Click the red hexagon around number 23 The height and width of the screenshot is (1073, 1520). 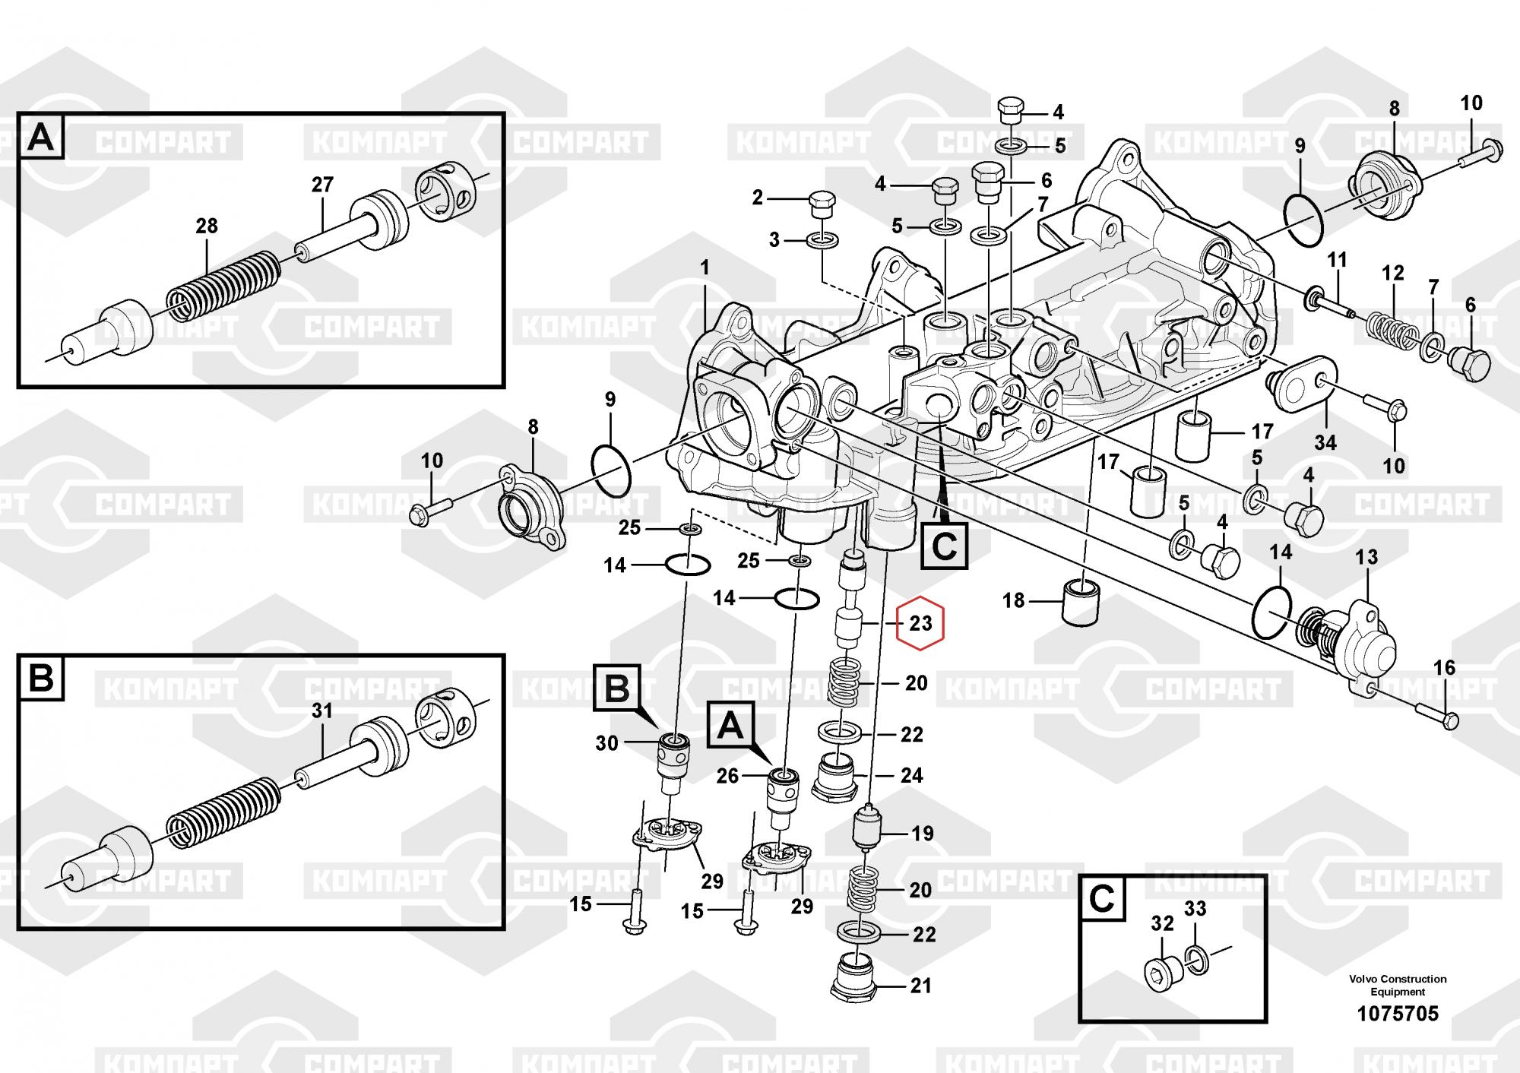click(x=920, y=624)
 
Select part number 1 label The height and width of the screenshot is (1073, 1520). click(x=705, y=267)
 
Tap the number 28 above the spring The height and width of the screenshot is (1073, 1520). click(x=206, y=226)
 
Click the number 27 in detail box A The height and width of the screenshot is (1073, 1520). click(x=322, y=185)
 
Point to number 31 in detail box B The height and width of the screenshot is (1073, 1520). click(x=322, y=711)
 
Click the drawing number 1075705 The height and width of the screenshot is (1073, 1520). click(x=1398, y=1013)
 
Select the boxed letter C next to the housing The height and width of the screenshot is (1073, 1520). click(x=944, y=546)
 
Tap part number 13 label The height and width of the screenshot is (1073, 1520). click(x=1366, y=557)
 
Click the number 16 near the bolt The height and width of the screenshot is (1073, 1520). click(x=1444, y=667)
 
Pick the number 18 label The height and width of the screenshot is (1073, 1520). click(x=1013, y=600)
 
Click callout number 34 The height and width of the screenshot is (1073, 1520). click(x=1325, y=442)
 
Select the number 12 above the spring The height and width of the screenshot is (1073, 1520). click(x=1392, y=273)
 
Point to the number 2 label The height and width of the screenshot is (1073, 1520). click(x=757, y=198)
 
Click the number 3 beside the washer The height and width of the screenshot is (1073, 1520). click(x=774, y=240)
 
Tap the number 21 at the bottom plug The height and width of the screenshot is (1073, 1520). click(x=920, y=986)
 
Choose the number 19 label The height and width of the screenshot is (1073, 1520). click(x=922, y=834)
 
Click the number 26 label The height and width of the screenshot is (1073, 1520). click(x=727, y=775)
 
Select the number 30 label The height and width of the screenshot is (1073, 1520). click(x=606, y=742)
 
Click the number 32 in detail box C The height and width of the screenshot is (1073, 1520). click(x=1162, y=923)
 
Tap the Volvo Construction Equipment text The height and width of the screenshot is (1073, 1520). click(x=1398, y=985)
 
